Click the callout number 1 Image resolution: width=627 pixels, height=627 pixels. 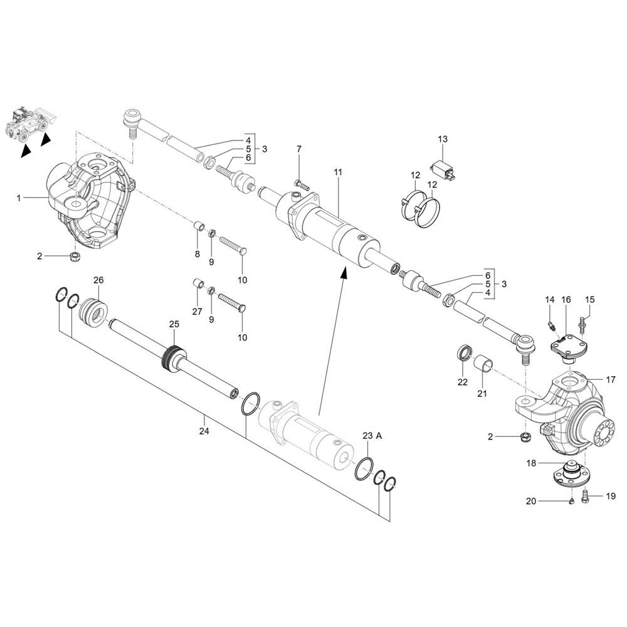19,198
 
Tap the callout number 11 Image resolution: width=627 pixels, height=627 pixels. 338,172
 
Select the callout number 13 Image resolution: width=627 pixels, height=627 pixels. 443,139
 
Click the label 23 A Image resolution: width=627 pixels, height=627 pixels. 372,436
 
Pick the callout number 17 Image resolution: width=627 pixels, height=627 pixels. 611,379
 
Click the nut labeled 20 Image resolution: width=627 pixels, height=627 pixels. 571,502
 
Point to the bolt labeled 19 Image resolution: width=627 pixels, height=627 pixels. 586,496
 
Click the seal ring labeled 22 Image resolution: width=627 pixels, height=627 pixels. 464,352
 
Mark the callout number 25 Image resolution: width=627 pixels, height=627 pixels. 174,324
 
